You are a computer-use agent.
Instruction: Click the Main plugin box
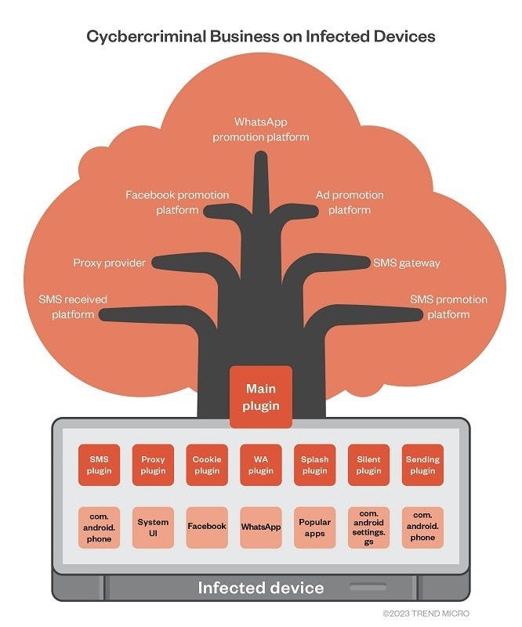pos(261,397)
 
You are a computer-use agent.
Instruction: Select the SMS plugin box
pos(100,465)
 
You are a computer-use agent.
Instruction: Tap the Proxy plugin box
pos(154,465)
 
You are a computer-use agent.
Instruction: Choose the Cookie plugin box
pos(207,465)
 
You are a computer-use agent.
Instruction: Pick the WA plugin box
pos(261,465)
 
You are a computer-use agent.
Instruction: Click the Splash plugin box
pos(314,465)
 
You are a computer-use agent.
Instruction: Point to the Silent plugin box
pos(368,465)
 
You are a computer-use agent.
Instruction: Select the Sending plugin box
pos(422,465)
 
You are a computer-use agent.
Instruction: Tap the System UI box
pos(154,527)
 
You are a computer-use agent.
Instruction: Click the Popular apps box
pos(314,527)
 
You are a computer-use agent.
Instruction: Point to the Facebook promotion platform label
pos(177,202)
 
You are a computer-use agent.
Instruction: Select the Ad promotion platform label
pos(350,202)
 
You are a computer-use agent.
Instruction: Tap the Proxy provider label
pos(110,263)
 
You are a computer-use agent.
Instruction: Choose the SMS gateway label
pos(407,263)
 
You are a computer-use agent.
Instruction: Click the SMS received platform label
pos(73,307)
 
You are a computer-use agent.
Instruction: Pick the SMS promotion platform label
pos(448,307)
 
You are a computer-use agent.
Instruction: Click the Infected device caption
pos(260,588)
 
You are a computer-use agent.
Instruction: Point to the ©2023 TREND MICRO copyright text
pos(426,613)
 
